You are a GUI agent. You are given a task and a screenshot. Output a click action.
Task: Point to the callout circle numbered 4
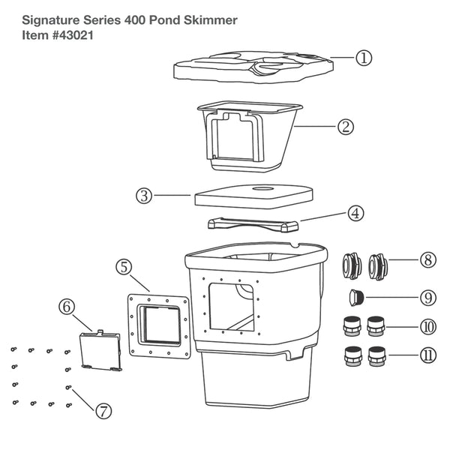click(355, 213)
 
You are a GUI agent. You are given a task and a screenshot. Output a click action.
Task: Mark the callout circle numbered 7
click(103, 410)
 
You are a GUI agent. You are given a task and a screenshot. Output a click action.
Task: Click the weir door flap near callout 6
click(100, 349)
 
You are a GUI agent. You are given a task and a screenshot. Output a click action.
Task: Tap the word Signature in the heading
click(44, 18)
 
